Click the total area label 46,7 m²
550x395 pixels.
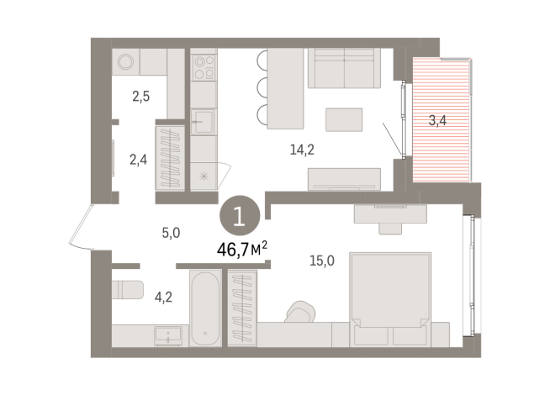(x=242, y=249)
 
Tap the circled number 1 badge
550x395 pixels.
(x=240, y=217)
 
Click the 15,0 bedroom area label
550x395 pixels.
(x=321, y=261)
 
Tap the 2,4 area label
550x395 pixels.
(x=137, y=157)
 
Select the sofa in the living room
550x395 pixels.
(x=344, y=68)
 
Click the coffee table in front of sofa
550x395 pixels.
(x=344, y=118)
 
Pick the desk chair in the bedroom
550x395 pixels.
(x=299, y=312)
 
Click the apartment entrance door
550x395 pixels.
(x=87, y=228)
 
